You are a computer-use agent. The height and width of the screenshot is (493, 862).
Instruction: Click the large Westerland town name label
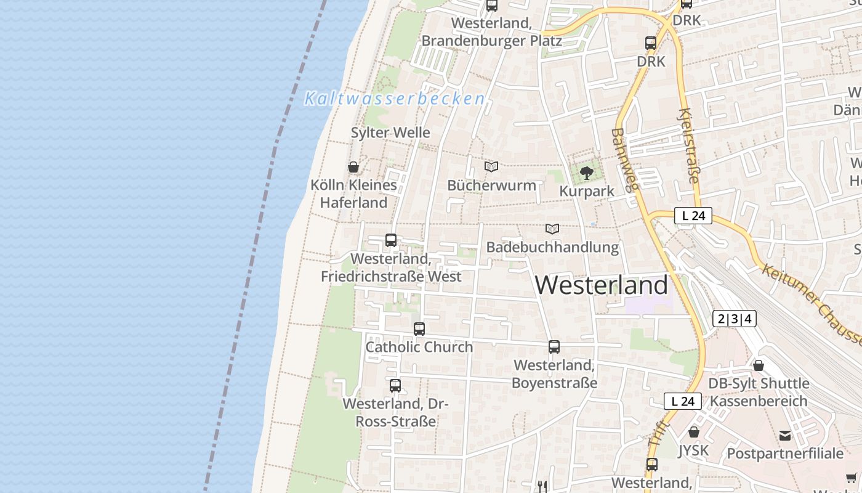[x=601, y=285]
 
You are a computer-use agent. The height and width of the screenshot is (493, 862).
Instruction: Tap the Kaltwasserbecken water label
[x=395, y=99]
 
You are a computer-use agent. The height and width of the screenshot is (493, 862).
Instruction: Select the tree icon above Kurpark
[x=587, y=173]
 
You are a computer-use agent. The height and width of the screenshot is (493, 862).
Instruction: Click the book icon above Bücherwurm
[x=491, y=166]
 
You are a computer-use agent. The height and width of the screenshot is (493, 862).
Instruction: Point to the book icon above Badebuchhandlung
[x=552, y=229]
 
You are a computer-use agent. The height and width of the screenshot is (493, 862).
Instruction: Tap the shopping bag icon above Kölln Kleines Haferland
[x=353, y=166]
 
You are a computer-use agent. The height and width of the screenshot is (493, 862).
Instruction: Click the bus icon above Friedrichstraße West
[x=391, y=240]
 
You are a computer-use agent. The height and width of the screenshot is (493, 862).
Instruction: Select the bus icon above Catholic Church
[x=419, y=328]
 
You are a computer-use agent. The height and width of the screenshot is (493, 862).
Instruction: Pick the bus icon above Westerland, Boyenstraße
[x=554, y=347]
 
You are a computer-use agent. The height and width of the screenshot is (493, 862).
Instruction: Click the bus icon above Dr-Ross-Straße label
[x=395, y=386]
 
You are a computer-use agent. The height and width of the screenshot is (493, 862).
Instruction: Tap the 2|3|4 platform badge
[x=734, y=319]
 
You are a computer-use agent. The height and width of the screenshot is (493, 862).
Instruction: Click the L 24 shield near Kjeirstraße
[x=693, y=216]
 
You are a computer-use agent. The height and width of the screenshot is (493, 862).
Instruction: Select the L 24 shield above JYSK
[x=683, y=401]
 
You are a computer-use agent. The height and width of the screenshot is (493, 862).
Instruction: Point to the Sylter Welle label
[x=390, y=132]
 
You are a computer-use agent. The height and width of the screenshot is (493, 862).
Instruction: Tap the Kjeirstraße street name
[x=688, y=146]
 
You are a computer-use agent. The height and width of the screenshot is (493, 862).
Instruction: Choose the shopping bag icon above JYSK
[x=694, y=432]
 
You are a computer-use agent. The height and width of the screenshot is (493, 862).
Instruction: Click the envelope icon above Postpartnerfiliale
[x=785, y=436]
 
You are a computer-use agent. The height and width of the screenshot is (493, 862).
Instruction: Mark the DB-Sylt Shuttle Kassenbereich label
[x=759, y=392]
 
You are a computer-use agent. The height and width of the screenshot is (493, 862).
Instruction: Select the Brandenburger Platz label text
[x=491, y=41]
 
